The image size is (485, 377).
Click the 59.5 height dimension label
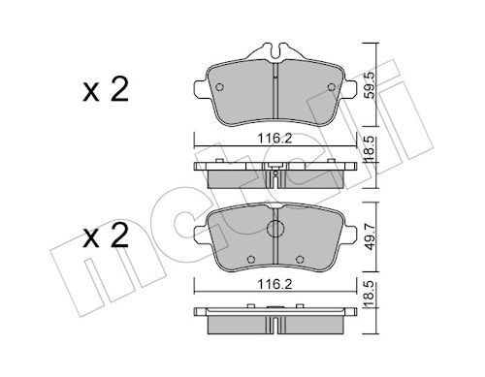(x=370, y=85)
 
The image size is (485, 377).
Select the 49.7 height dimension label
(x=370, y=237)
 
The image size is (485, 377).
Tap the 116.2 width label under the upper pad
(x=275, y=139)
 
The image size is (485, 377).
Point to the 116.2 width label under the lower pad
(x=275, y=284)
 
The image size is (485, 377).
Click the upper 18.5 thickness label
(x=370, y=148)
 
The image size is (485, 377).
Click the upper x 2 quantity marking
(x=106, y=89)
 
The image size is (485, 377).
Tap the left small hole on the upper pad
(x=219, y=87)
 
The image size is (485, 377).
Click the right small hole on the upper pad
(x=332, y=87)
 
